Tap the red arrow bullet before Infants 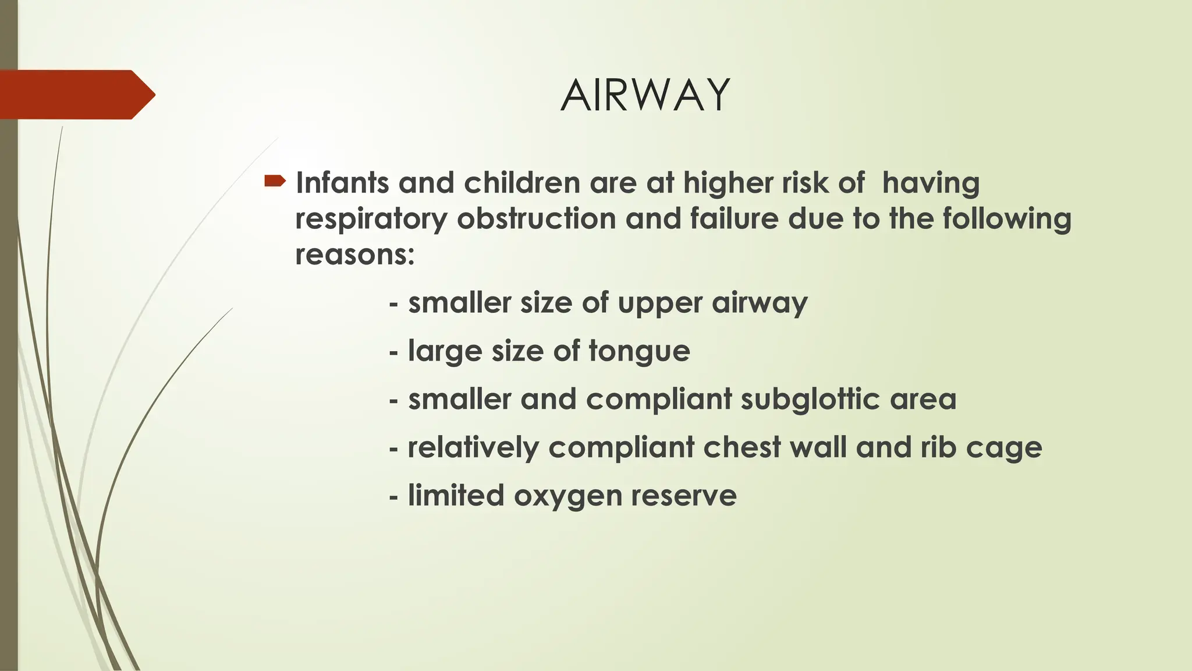click(x=274, y=182)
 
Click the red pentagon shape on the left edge click(x=76, y=94)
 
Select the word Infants click(x=342, y=183)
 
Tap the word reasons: click(x=354, y=255)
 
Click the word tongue click(x=639, y=351)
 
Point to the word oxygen click(x=567, y=496)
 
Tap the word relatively click(x=473, y=448)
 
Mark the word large click(x=445, y=351)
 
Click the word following click(x=1006, y=219)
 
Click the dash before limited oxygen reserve click(x=394, y=497)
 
